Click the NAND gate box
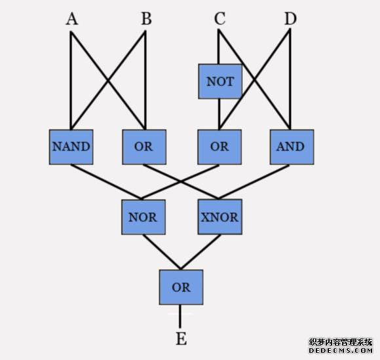point(71,147)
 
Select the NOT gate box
point(220,81)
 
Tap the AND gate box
point(292,147)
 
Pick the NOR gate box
point(143,217)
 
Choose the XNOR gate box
point(219,217)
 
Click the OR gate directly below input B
point(144,147)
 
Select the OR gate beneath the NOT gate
point(219,147)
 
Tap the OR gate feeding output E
point(181,287)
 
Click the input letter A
point(72,19)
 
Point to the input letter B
point(146,18)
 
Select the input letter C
point(219,18)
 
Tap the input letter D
point(290,18)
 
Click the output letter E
point(181,338)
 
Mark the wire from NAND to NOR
point(106,182)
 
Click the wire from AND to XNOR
point(254,182)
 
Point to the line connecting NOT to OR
point(219,115)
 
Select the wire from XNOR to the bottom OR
point(200,252)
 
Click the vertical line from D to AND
point(290,80)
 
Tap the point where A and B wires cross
point(108,81)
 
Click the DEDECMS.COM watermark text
point(341,350)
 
